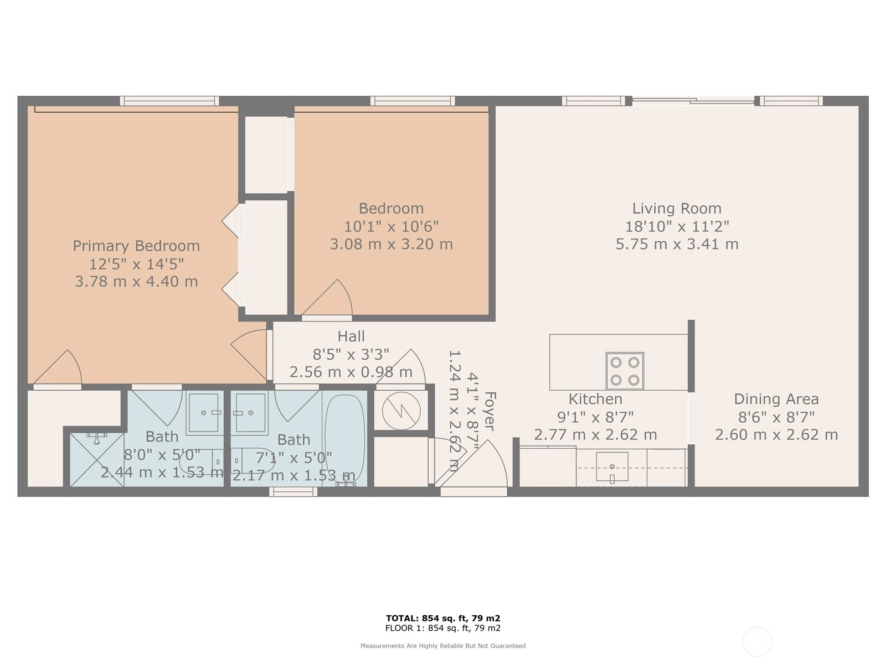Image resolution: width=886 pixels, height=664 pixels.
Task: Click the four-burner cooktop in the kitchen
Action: coord(625,371)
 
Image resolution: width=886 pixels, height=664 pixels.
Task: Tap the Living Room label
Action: coord(677,209)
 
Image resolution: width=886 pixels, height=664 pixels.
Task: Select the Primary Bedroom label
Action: coord(136,246)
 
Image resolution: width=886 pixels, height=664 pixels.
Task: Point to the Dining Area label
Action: coord(776,399)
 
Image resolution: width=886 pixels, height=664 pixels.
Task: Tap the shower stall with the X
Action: coord(97,460)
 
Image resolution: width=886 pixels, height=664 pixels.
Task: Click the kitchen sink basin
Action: coord(612,466)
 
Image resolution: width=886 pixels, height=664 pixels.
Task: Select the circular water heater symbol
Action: coord(401,411)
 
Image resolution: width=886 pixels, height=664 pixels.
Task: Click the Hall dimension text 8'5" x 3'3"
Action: coord(351,354)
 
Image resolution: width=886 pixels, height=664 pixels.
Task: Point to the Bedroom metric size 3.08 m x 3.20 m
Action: coord(392,245)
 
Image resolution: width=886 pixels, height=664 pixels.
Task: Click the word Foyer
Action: coord(489,411)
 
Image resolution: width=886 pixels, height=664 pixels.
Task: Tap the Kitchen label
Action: coord(595,399)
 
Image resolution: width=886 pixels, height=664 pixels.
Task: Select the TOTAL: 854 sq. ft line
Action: coord(443,619)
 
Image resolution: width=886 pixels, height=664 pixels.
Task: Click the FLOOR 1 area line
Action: coord(443,628)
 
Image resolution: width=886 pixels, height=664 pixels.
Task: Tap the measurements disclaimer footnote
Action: coord(443,646)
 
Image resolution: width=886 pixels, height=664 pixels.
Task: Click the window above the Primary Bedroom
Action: coord(169,101)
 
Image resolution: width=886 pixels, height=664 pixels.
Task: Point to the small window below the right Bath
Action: coord(293,491)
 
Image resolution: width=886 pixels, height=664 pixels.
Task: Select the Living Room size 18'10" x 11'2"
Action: coord(677,226)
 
